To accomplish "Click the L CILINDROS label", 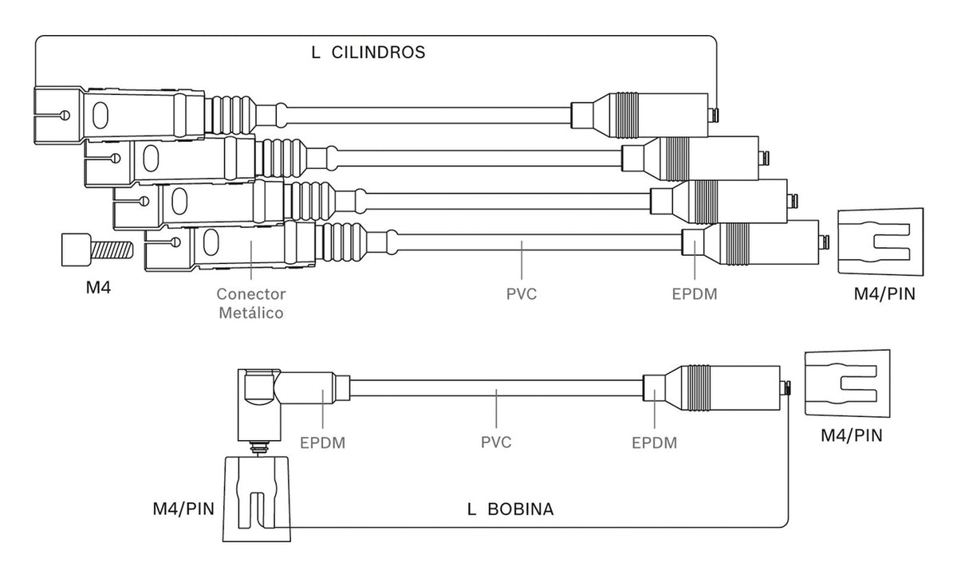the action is (368, 53).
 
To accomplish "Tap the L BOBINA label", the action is (510, 509).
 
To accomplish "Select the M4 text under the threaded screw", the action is (98, 288).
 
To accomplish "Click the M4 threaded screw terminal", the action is (97, 250).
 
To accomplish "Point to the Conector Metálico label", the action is (250, 303).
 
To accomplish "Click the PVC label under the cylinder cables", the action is (522, 294).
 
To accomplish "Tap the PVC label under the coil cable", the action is (496, 442).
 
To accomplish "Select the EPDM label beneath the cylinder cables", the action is (695, 294).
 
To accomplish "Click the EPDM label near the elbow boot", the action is (322, 442).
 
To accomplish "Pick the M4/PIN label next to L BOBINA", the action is (183, 509).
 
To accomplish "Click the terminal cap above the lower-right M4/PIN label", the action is (848, 383).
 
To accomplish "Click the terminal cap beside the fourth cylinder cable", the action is (880, 242).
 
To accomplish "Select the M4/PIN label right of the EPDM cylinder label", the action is (884, 294).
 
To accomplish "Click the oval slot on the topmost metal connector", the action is (100, 116).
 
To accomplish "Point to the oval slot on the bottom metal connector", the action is (211, 242).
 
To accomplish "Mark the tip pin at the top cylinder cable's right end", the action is (713, 115).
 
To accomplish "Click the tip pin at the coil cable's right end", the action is (786, 388).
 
